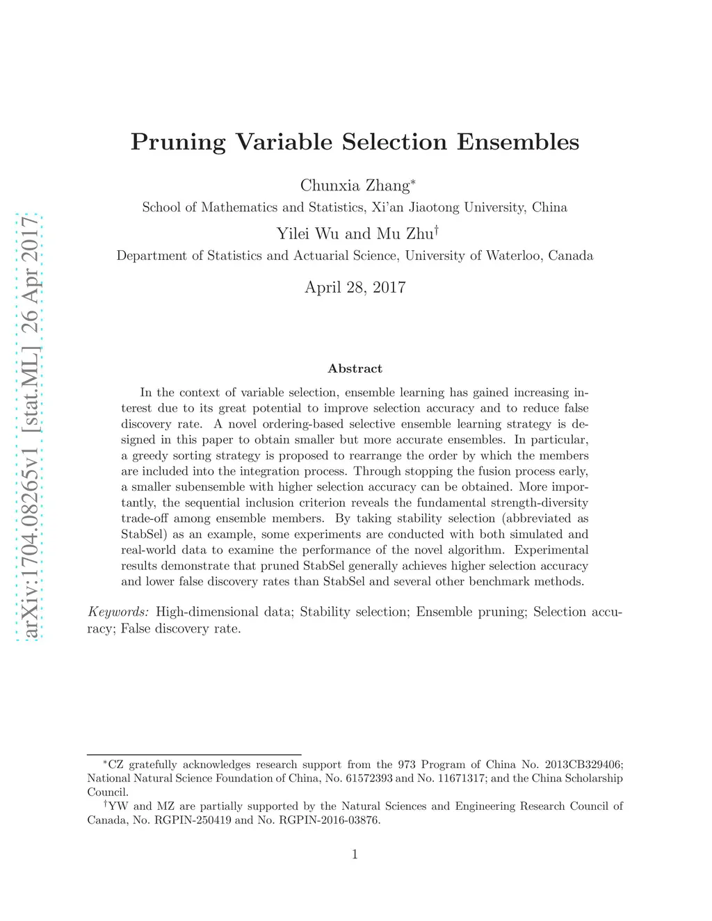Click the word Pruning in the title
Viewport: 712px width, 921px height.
tap(178, 142)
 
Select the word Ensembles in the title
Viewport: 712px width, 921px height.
tap(517, 142)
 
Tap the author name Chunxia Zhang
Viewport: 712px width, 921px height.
tap(355, 186)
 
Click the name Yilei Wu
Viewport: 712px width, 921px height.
tap(307, 234)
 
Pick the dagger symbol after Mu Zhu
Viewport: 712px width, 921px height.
tap(436, 229)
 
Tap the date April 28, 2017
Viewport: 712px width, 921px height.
tap(355, 287)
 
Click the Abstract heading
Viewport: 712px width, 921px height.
tap(355, 368)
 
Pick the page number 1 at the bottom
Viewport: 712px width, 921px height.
tap(355, 854)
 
